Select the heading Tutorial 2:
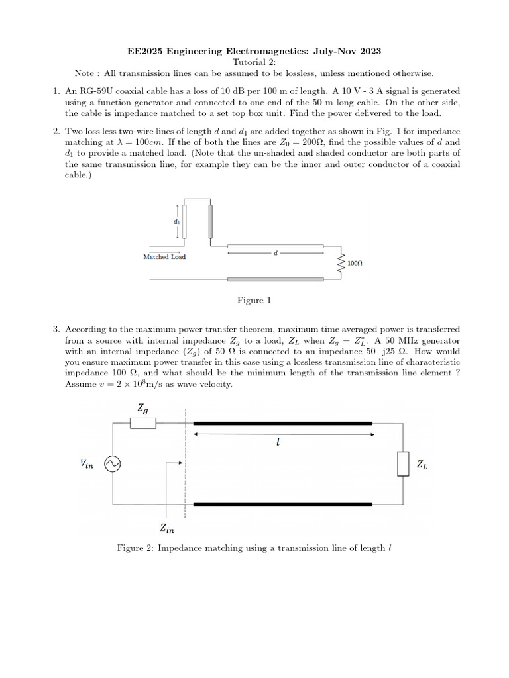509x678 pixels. pyautogui.click(x=254, y=62)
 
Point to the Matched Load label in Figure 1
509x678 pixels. pyautogui.click(x=164, y=257)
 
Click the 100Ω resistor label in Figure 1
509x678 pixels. pyautogui.click(x=355, y=263)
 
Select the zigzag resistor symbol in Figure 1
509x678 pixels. pyautogui.click(x=341, y=262)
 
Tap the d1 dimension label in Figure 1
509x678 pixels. pyautogui.click(x=177, y=222)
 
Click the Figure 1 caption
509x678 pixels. pyautogui.click(x=254, y=301)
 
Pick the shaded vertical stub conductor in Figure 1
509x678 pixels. pyautogui.click(x=211, y=221)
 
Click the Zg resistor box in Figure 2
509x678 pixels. pyautogui.click(x=143, y=423)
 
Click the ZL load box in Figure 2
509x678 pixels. pyautogui.click(x=402, y=464)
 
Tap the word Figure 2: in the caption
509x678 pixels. pyautogui.click(x=135, y=548)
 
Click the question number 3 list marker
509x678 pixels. pyautogui.click(x=56, y=329)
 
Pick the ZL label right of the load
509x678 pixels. pyautogui.click(x=422, y=465)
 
